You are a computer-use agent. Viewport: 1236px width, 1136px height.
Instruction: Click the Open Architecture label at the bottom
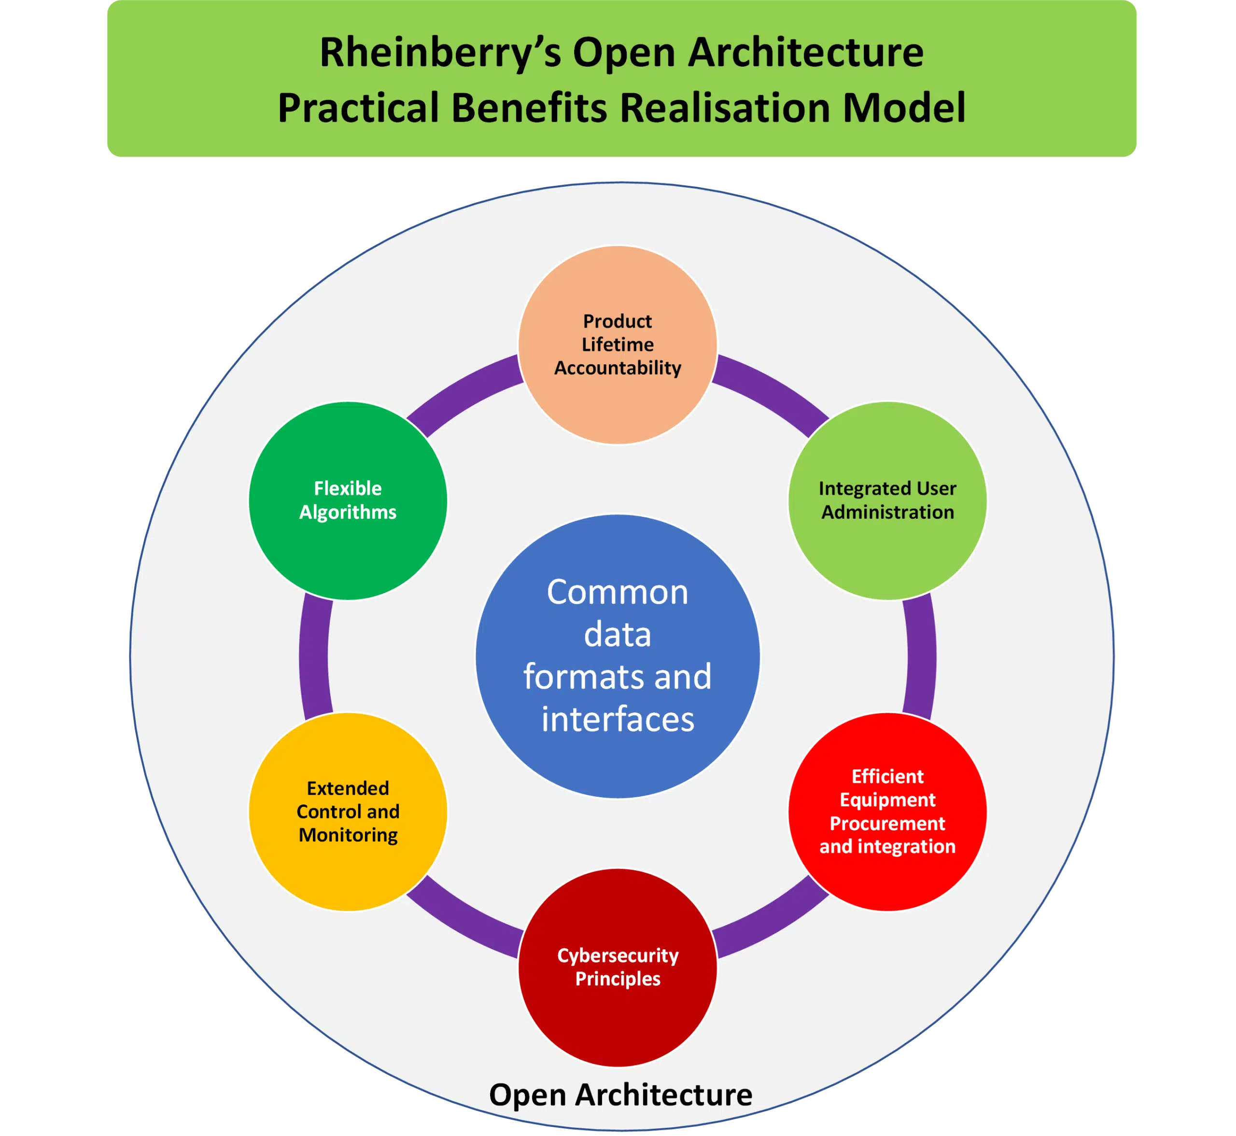click(620, 1094)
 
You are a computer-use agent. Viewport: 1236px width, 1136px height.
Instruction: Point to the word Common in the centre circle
click(618, 593)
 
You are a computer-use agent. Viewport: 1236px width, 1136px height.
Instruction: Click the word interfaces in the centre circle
click(618, 719)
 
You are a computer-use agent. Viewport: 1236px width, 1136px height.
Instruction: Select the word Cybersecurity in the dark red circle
click(618, 956)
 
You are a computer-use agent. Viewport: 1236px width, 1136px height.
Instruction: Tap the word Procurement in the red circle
click(887, 823)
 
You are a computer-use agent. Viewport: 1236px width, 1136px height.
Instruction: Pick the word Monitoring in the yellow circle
click(348, 835)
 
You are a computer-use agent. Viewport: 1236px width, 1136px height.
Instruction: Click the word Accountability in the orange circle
click(618, 368)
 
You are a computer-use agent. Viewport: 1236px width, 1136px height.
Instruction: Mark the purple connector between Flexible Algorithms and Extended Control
click(314, 656)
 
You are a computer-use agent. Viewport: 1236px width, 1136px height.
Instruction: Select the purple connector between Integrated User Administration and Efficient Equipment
click(921, 656)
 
